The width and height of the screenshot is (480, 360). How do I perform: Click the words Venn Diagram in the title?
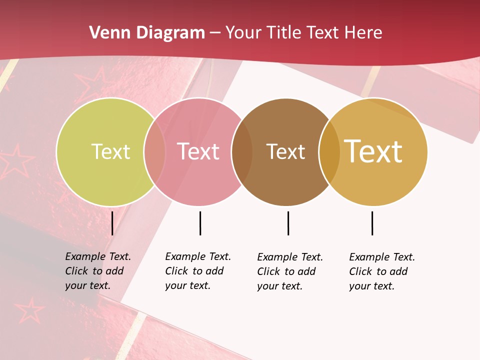tap(147, 33)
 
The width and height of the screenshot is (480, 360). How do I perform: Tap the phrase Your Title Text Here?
tap(303, 33)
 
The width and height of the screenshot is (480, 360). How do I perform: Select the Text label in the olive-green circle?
tap(110, 151)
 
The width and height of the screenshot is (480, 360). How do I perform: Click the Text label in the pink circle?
tap(198, 151)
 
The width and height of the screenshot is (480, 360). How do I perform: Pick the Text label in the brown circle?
tap(285, 151)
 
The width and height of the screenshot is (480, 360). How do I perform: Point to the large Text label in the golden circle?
tap(373, 151)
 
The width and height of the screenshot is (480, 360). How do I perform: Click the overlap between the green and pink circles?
tap(154, 151)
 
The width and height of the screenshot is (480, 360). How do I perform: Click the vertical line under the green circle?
tap(112, 223)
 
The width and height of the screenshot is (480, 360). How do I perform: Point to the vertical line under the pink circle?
tap(200, 223)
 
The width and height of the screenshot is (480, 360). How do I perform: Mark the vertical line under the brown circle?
tap(288, 223)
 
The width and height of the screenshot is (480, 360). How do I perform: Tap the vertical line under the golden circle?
tap(372, 223)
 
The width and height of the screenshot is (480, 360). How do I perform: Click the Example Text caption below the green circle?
tap(97, 271)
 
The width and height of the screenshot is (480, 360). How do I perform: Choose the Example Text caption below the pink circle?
tap(197, 271)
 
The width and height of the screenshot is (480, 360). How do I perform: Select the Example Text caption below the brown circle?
tap(289, 271)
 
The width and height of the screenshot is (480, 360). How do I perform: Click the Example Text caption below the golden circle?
tap(381, 271)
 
